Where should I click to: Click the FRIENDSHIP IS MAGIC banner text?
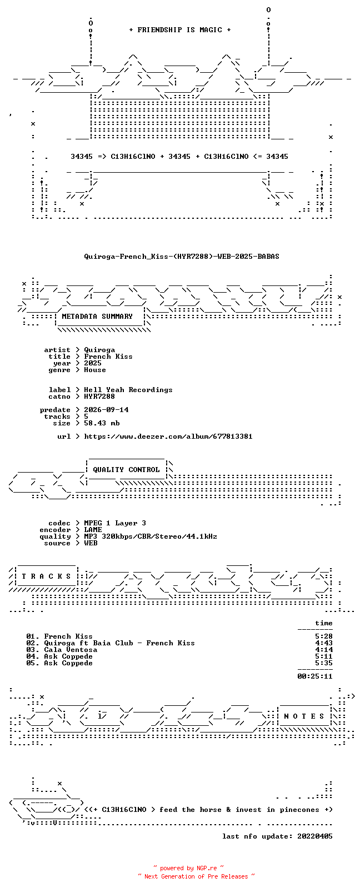[x=180, y=30]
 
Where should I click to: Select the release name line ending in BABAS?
[x=182, y=257]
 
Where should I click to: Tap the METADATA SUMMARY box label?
[x=97, y=316]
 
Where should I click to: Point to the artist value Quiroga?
[x=99, y=350]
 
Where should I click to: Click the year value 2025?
[x=93, y=363]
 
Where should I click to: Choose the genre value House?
[x=95, y=370]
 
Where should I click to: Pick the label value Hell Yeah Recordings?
[x=128, y=390]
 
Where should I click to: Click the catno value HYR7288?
[x=99, y=397]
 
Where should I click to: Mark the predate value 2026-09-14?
[x=106, y=410]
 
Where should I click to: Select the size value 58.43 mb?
[x=102, y=423]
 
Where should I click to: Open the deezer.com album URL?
[x=168, y=437]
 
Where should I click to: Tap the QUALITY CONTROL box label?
[x=126, y=470]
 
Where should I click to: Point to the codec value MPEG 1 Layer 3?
[x=115, y=523]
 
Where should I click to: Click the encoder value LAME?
[x=93, y=530]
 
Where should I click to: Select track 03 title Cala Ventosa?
[x=71, y=650]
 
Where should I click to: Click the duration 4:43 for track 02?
[x=324, y=643]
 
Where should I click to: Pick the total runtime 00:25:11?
[x=315, y=676]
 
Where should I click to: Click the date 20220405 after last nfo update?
[x=315, y=836]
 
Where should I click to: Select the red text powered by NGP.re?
[x=188, y=868]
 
